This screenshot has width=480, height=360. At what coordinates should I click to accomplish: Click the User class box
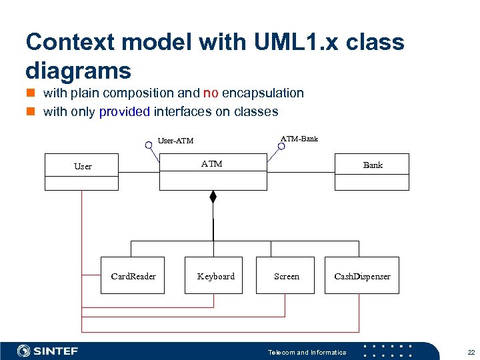(81, 172)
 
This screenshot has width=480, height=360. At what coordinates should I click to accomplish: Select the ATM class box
(213, 172)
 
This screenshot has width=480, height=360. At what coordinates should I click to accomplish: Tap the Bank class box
(372, 172)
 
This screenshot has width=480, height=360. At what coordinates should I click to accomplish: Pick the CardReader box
(133, 275)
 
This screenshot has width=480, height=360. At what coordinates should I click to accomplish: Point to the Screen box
(286, 275)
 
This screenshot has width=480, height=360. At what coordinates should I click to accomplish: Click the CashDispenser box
(362, 275)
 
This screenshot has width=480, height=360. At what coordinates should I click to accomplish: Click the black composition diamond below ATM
(213, 197)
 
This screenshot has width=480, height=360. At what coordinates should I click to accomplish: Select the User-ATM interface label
(175, 141)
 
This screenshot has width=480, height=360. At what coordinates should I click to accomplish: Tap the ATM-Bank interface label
(299, 139)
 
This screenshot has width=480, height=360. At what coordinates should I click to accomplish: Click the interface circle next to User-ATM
(149, 144)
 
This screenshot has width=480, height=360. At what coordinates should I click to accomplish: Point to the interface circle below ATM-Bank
(281, 145)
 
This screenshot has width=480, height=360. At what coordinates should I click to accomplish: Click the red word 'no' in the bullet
(211, 93)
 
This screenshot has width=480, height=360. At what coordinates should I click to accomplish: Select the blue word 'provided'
(124, 111)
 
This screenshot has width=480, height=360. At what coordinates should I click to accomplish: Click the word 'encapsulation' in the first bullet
(263, 93)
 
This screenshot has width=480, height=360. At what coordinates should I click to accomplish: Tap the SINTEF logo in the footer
(47, 351)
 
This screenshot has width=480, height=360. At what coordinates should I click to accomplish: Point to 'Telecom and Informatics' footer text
(307, 352)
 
